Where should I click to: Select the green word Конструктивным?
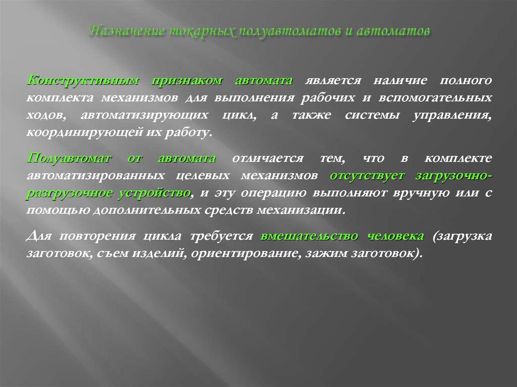[81, 81]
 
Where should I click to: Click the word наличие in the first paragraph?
[401, 81]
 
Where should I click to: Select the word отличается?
[268, 158]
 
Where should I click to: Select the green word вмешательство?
[309, 236]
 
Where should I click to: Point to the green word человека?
[395, 236]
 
